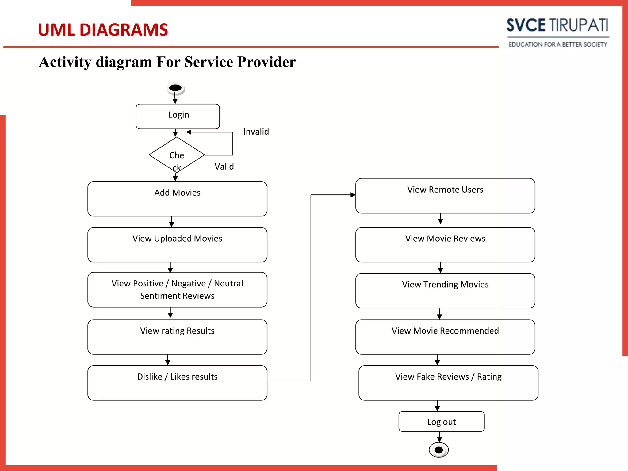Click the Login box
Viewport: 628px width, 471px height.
[178, 116]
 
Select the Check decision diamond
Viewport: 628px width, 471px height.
[177, 155]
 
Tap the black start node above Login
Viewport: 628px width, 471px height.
[175, 88]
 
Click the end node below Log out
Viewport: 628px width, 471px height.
[438, 450]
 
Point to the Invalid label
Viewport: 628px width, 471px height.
[256, 132]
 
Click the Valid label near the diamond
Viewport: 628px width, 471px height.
[224, 167]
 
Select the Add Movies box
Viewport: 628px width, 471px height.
[177, 199]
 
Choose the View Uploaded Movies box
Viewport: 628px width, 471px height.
[177, 244]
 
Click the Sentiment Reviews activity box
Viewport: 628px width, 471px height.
[177, 289]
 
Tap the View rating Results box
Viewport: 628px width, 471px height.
[177, 337]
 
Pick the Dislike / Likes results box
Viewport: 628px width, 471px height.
[177, 383]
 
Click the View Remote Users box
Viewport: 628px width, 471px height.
[445, 196]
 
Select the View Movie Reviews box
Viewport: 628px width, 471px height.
[445, 244]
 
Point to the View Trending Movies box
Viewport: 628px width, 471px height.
[445, 290]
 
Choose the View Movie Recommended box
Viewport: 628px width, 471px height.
[445, 337]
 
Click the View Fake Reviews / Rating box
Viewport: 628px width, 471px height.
[448, 383]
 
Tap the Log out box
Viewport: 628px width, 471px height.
[442, 422]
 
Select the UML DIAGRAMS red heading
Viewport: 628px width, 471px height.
[103, 30]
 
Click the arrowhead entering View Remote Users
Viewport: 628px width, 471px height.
[353, 195]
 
